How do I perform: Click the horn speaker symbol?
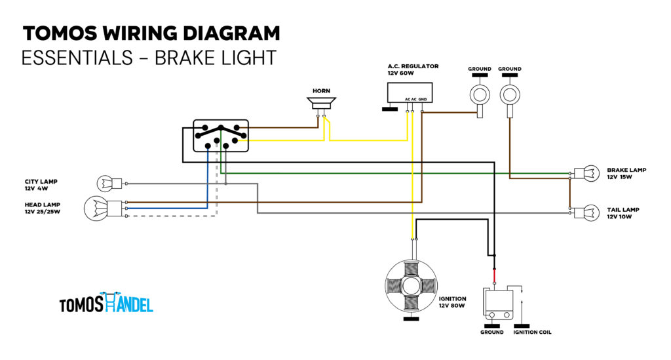coord(321,103)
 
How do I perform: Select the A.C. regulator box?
coord(410,92)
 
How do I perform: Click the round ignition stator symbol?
coord(411,285)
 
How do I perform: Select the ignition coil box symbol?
coord(498,303)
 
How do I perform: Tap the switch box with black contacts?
coord(221,136)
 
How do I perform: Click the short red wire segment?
coord(494,275)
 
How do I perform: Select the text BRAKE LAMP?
coord(626,170)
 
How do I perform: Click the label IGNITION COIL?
coord(532,332)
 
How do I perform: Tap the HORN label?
coord(321,90)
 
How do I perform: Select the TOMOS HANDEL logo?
coord(106,302)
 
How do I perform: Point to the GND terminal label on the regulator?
coord(423,99)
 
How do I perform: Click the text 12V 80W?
coord(451,306)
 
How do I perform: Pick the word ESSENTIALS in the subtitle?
coord(77,58)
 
